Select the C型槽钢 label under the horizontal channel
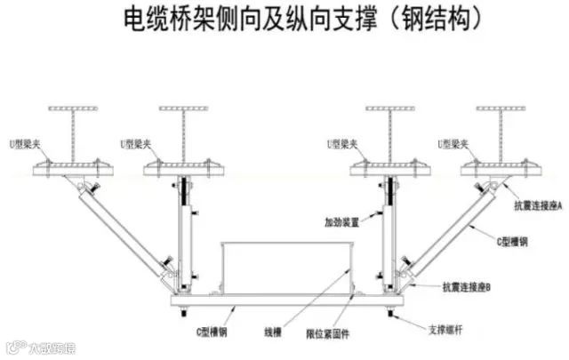click(212, 332)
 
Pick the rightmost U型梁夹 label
click(454, 142)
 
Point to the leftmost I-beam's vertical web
click(70, 133)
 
